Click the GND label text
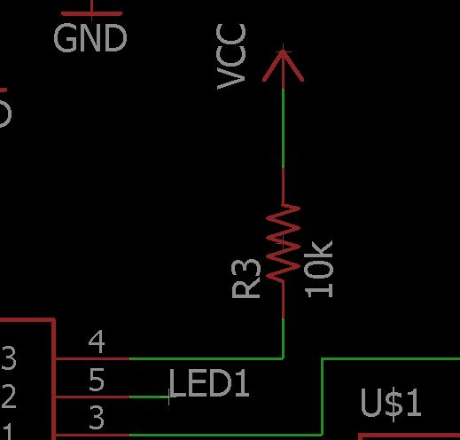pos(90,38)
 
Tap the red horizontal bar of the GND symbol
pos(91,13)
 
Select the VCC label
pos(231,57)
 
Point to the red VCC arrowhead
pos(283,66)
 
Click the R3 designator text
pos(246,279)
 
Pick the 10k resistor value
pos(319,269)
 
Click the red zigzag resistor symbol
pos(283,242)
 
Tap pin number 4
pos(97,342)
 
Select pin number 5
pos(97,380)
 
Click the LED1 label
pos(209,383)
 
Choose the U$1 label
pos(391,404)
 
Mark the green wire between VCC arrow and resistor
pos(284,128)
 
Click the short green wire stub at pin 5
pos(150,397)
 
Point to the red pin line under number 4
pos(92,358)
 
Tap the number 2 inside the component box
pos(8,397)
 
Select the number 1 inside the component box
pos(8,431)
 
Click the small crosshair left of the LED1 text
pos(169,397)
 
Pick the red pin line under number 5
pos(92,397)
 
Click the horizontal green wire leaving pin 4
pos(207,358)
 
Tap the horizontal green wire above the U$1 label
pos(391,359)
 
